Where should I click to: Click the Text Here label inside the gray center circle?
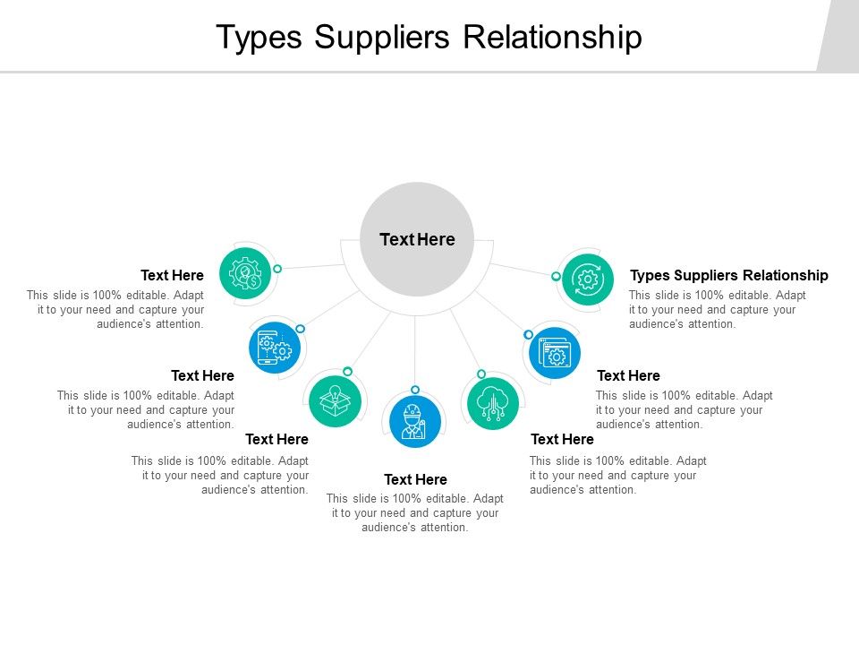click(x=417, y=239)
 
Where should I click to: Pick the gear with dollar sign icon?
click(x=245, y=273)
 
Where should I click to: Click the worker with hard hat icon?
click(x=415, y=422)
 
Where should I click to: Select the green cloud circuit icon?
click(x=493, y=402)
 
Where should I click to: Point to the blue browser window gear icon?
click(x=555, y=352)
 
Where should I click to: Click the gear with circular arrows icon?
click(x=588, y=279)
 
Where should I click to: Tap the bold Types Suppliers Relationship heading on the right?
click(x=729, y=275)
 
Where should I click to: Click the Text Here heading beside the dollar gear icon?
click(x=172, y=275)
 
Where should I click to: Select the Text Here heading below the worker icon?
click(x=415, y=479)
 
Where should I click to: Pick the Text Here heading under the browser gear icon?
click(x=628, y=375)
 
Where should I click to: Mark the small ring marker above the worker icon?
click(x=415, y=390)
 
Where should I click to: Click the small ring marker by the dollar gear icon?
click(x=277, y=269)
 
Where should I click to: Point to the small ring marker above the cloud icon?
click(x=481, y=374)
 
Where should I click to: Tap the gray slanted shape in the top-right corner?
click(x=839, y=36)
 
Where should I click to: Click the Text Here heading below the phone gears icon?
click(x=202, y=375)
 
